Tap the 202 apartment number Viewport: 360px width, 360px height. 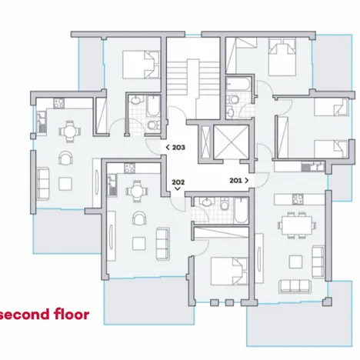(178, 182)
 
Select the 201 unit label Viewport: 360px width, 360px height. (235, 181)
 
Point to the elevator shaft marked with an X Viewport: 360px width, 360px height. (231, 142)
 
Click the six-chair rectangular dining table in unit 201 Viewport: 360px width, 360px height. (297, 225)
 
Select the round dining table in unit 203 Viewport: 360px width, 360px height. (69, 132)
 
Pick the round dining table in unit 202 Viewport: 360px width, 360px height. (137, 192)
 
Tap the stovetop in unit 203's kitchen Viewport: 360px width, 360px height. (59, 103)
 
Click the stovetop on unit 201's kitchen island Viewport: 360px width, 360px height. (298, 199)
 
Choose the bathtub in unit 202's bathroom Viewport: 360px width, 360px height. (241, 211)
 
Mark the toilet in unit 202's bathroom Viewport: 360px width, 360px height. (225, 204)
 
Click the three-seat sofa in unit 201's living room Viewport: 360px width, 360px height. (295, 286)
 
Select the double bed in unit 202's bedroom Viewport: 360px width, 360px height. (229, 272)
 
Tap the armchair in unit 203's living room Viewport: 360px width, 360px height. (65, 158)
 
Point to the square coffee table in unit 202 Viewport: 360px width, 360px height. (139, 244)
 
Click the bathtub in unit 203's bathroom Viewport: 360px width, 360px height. (153, 106)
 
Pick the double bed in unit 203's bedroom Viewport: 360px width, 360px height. (141, 65)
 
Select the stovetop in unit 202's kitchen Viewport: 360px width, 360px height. (130, 168)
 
